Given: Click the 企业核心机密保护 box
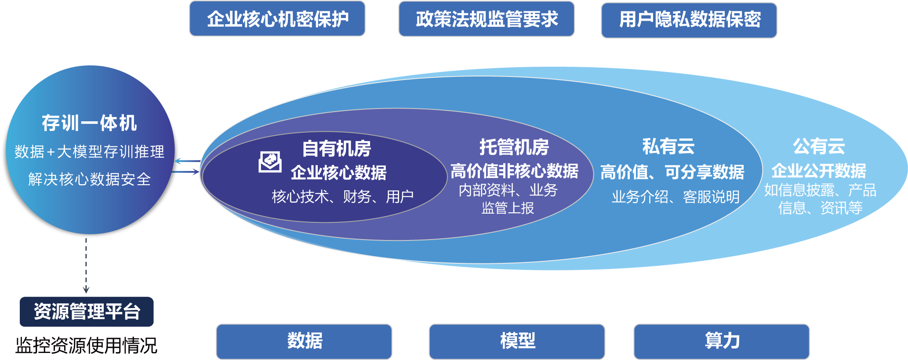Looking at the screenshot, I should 277,19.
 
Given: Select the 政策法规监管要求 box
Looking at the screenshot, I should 487,19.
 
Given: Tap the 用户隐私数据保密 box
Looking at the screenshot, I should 689,20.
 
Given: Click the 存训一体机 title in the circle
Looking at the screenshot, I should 89,123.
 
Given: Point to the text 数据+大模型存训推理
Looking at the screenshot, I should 89,152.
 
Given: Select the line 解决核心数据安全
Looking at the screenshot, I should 89,179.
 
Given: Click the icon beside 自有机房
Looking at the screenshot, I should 270,162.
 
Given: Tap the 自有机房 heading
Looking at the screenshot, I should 337,149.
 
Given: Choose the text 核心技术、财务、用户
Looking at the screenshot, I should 342,196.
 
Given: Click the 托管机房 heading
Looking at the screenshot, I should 514,147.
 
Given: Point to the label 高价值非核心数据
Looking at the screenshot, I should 514,171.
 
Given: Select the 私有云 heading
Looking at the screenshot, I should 668,146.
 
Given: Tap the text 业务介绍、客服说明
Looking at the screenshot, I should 676,197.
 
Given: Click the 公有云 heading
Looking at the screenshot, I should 819,146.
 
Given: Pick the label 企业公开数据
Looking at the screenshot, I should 819,171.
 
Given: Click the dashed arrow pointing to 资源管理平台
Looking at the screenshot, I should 86,266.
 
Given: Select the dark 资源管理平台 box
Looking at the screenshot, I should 87,312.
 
